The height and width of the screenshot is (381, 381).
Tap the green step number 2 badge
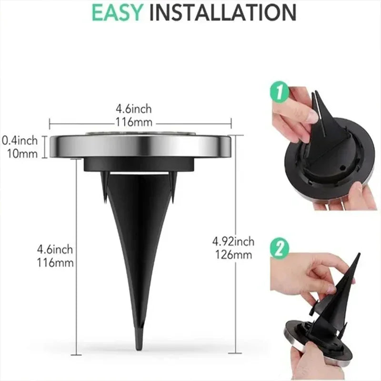click(280, 249)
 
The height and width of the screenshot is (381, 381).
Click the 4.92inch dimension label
click(233, 241)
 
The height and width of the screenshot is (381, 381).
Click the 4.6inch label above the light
click(140, 110)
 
